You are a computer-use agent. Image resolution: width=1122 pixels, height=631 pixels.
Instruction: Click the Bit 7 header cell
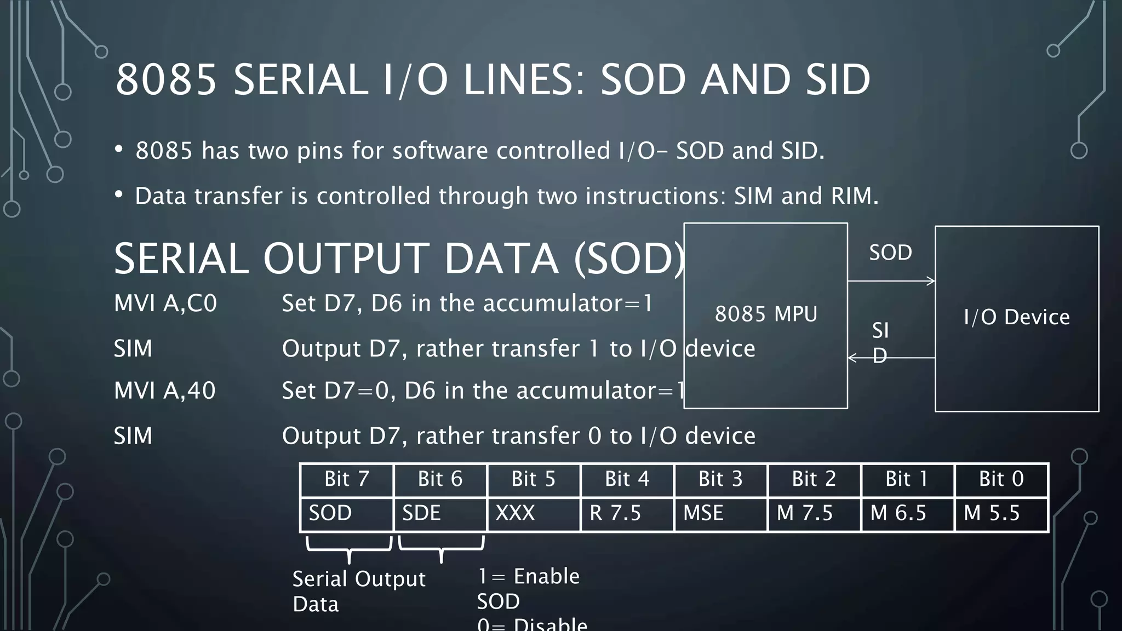point(346,479)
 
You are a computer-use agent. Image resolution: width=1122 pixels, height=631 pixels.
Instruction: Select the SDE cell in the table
point(440,514)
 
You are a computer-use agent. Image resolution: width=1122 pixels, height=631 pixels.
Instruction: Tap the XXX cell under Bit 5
point(534,514)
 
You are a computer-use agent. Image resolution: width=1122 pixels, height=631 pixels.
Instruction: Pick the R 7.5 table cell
point(627,514)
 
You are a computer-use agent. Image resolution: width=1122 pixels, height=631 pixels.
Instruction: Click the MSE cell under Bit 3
point(720,514)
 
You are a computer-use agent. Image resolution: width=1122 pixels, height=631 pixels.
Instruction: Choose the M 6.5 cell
point(908,514)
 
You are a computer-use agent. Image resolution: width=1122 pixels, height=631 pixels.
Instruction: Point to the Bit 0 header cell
point(1001,479)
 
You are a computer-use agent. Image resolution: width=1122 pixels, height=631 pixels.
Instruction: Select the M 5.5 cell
point(1001,514)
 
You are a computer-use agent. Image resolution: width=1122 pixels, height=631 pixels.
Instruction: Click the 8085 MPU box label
point(766,314)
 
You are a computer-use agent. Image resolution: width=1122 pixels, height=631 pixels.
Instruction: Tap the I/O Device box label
point(1017,317)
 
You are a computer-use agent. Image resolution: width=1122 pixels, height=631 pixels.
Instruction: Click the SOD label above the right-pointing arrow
point(890,253)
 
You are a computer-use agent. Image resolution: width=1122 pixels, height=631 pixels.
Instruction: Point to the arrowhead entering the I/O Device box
point(931,281)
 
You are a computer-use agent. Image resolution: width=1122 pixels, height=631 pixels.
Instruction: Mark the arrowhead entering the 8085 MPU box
point(852,358)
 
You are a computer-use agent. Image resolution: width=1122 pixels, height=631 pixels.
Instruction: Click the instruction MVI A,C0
point(165,303)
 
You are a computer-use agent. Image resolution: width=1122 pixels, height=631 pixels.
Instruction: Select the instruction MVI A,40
point(165,391)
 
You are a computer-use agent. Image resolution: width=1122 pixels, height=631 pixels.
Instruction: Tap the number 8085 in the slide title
point(166,80)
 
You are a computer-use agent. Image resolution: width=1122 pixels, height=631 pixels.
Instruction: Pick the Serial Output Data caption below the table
point(358,591)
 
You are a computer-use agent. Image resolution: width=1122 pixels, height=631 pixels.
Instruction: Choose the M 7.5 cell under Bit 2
point(814,514)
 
